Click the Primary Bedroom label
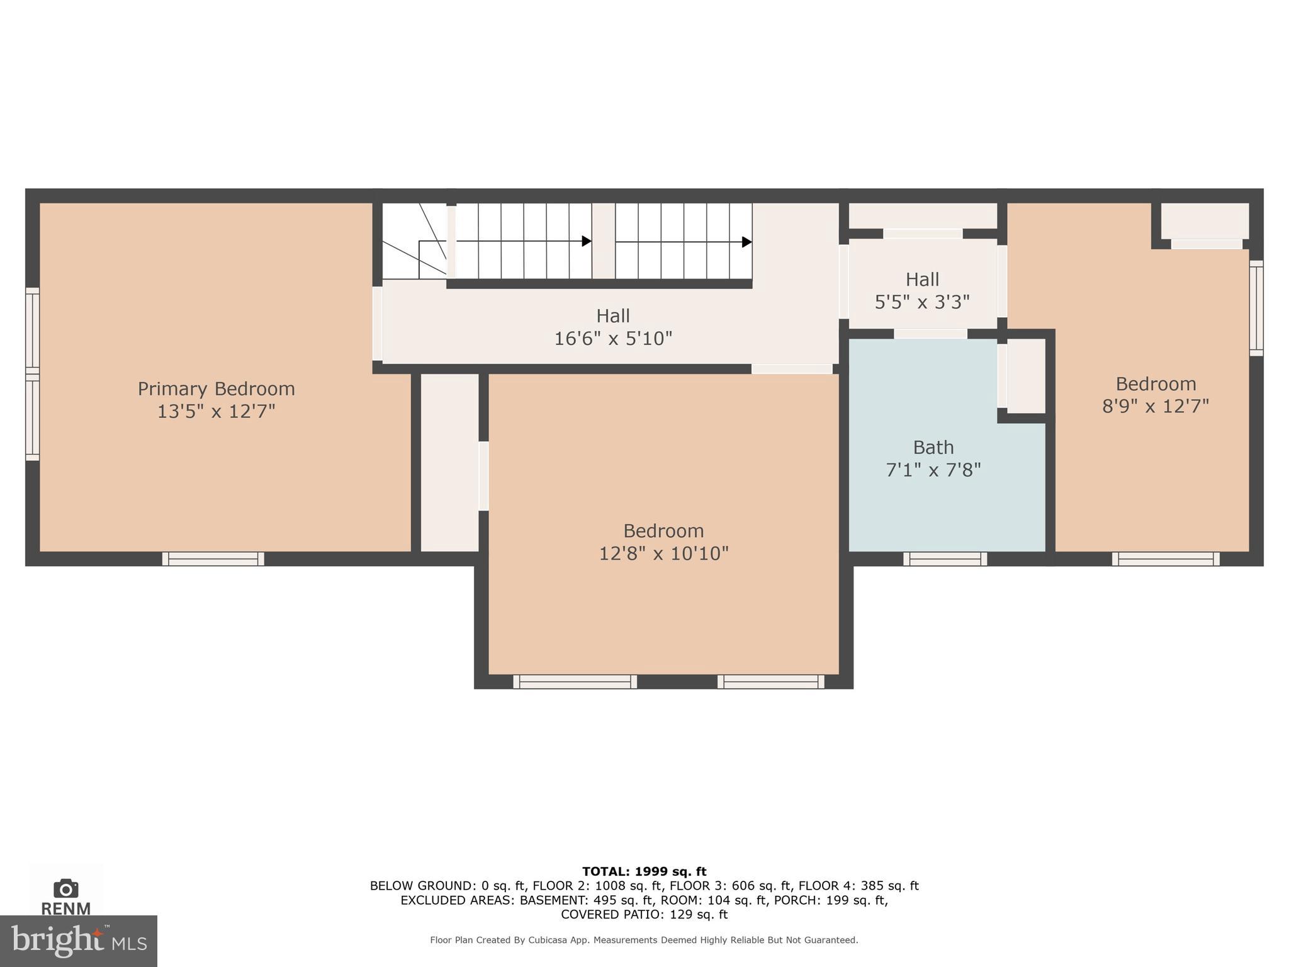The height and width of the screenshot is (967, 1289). pos(216,388)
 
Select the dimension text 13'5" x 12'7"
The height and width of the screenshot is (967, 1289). pos(216,412)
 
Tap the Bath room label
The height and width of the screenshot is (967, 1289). pos(933,448)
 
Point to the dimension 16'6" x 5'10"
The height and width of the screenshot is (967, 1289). pos(613,339)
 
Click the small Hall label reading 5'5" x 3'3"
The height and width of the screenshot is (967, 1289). pos(922,280)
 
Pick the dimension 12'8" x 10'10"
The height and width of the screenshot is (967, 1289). pos(663,553)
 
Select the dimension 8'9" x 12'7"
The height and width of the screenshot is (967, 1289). pos(1156,406)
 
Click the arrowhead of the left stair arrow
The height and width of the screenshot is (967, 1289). pos(587,241)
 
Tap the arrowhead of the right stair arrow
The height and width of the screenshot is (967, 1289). pos(747,242)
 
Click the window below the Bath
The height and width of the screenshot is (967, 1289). pos(945,558)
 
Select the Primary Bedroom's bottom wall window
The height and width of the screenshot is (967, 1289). pos(213,558)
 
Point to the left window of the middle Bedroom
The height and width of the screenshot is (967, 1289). pos(575,681)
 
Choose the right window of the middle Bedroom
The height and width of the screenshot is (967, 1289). pos(770,681)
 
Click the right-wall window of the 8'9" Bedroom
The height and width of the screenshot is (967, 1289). pos(1256,308)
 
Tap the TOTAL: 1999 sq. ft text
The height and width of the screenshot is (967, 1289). pos(644,871)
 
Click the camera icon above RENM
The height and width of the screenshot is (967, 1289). pos(65,888)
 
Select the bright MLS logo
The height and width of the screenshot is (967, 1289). pos(78,941)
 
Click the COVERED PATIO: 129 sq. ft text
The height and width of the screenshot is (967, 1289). pos(644,914)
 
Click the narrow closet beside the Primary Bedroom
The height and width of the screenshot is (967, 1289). pos(449,463)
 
